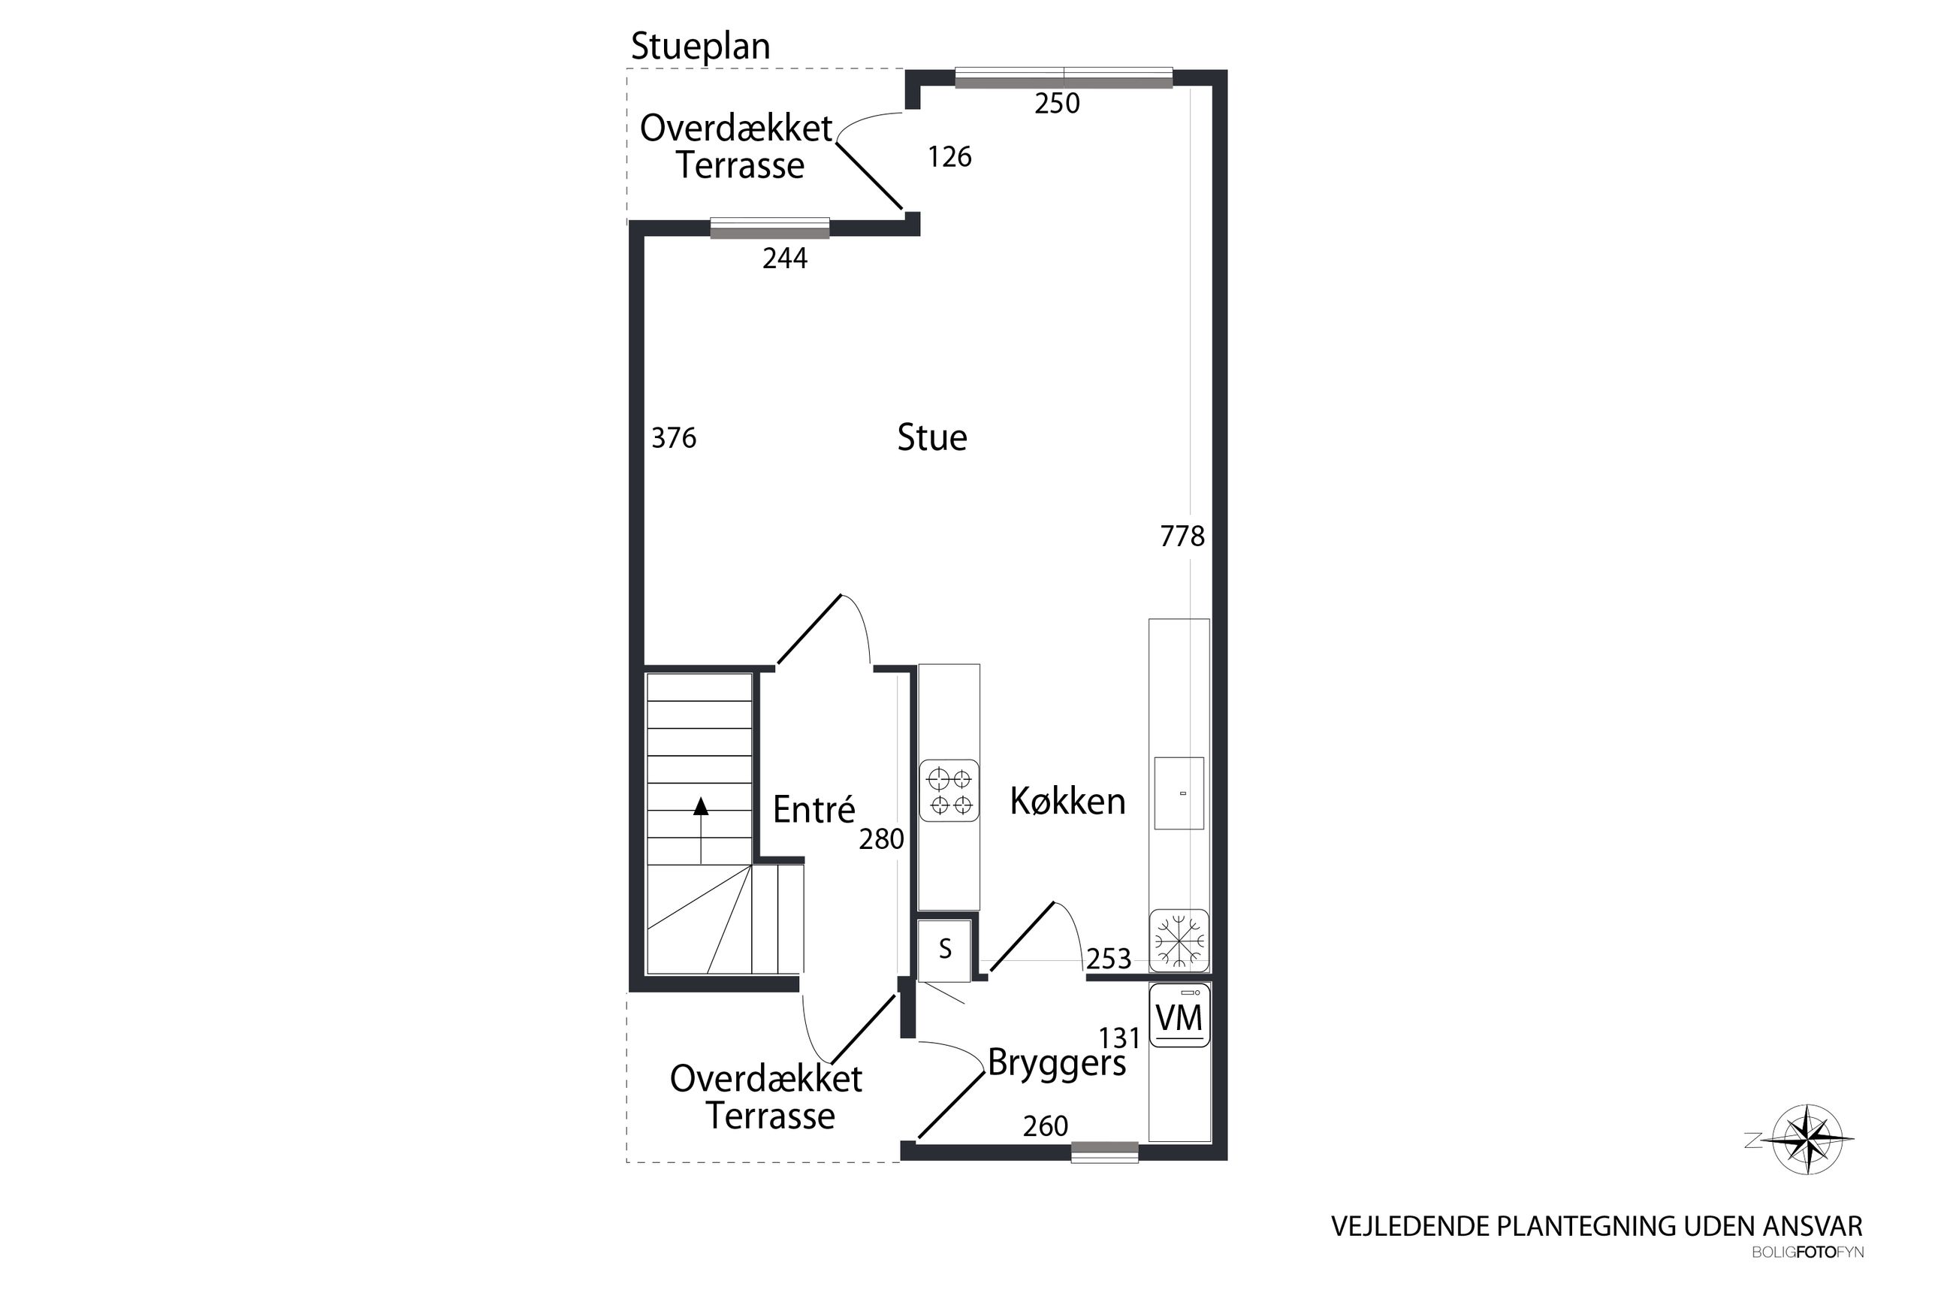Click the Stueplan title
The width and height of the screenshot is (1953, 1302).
point(701,47)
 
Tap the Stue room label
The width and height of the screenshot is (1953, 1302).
point(932,437)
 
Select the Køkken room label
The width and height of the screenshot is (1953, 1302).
point(1067,802)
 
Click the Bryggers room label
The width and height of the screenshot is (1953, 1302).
point(1057,1064)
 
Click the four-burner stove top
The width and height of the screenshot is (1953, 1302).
point(949,791)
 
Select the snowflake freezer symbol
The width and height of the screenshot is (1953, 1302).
point(1179,941)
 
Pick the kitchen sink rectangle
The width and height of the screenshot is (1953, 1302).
point(1179,793)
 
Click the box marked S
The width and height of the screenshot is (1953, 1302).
point(944,950)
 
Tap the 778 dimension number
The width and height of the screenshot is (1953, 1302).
point(1182,537)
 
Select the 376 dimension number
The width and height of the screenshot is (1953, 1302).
point(673,437)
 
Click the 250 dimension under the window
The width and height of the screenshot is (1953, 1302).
point(1057,104)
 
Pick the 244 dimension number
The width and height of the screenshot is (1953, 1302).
point(784,259)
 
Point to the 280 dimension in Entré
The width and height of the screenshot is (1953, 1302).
point(880,839)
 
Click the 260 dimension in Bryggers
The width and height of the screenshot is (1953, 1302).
point(1045,1126)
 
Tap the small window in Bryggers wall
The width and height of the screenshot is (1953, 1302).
point(1104,1152)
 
